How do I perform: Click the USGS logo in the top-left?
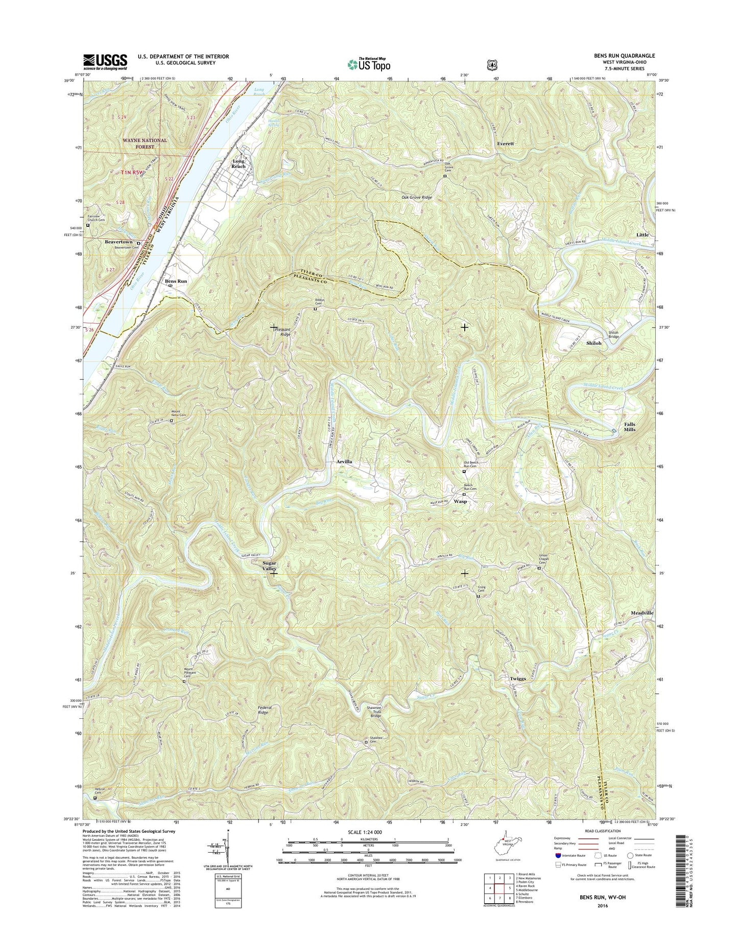[x=105, y=62]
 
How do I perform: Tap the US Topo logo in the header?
[x=369, y=64]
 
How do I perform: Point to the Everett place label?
[x=505, y=144]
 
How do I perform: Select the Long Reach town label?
[x=239, y=163]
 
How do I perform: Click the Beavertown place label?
[x=118, y=242]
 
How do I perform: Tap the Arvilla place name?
[x=344, y=461]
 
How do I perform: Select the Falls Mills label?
[x=630, y=427]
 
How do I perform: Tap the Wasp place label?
[x=460, y=502]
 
